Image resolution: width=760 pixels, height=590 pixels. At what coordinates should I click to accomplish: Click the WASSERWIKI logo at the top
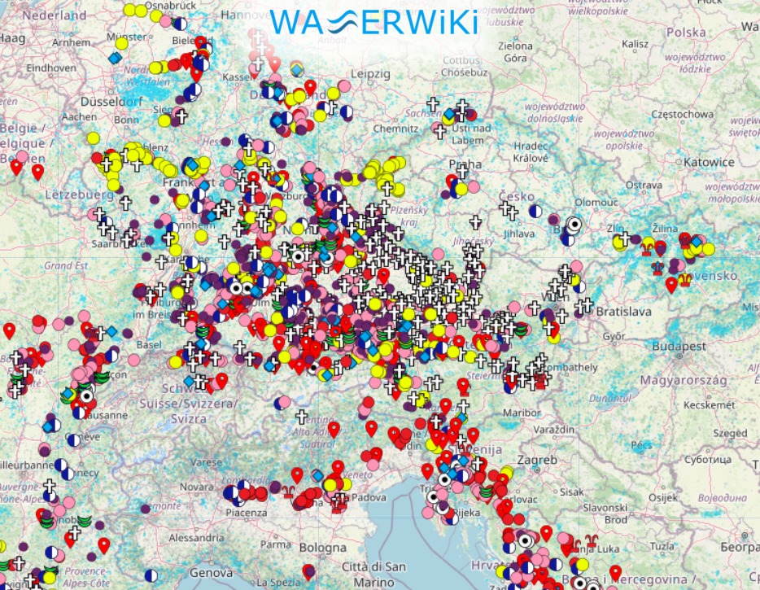click(x=373, y=22)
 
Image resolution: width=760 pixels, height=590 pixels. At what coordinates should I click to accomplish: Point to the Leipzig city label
click(x=372, y=74)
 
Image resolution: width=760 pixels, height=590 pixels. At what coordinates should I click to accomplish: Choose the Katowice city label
click(x=709, y=162)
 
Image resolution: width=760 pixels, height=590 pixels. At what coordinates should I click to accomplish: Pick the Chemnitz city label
click(x=395, y=128)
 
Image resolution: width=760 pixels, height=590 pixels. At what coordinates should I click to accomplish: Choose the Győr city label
click(x=611, y=335)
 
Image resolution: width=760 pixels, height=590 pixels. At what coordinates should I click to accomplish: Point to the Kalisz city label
click(x=635, y=44)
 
